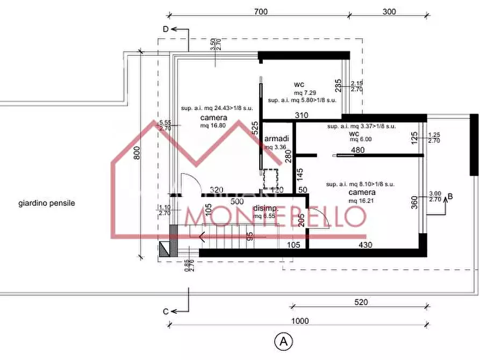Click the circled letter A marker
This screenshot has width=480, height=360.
tap(283, 341)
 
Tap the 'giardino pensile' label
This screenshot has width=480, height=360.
tap(47, 204)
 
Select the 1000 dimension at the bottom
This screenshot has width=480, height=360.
tap(300, 321)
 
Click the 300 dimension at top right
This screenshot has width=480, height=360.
tap(390, 11)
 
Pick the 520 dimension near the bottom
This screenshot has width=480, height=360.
tap(361, 303)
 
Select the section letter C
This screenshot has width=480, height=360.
tap(166, 311)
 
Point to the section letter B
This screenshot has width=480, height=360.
tap(450, 196)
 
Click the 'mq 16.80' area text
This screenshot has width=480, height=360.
tap(212, 126)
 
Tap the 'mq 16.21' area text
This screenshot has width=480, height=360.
tap(361, 200)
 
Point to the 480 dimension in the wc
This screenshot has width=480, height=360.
tap(359, 150)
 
